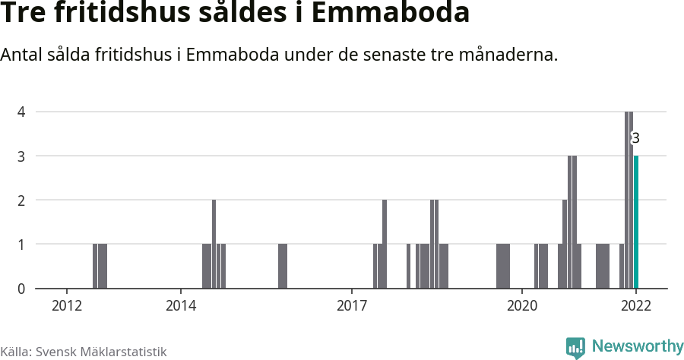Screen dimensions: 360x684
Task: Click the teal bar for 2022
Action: pyautogui.click(x=636, y=222)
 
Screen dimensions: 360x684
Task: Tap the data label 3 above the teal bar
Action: pyautogui.click(x=635, y=138)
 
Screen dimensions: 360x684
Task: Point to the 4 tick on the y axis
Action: pyautogui.click(x=22, y=112)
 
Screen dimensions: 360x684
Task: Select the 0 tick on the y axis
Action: pyautogui.click(x=22, y=289)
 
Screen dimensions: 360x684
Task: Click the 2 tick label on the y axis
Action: pyautogui.click(x=22, y=200)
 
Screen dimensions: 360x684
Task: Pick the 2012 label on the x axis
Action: pyautogui.click(x=67, y=305)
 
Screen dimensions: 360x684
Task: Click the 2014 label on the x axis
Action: pyautogui.click(x=180, y=305)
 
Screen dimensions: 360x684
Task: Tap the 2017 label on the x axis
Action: pyautogui.click(x=351, y=305)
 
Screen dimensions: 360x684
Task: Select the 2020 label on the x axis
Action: pyautogui.click(x=522, y=305)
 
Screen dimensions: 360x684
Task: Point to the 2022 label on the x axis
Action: pyautogui.click(x=636, y=305)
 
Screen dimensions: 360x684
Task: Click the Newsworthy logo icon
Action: pyautogui.click(x=575, y=347)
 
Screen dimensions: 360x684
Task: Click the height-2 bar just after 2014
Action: pyautogui.click(x=214, y=244)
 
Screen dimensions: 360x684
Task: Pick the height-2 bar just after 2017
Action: pyautogui.click(x=385, y=244)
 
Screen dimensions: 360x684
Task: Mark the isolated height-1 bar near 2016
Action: pyautogui.click(x=283, y=266)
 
